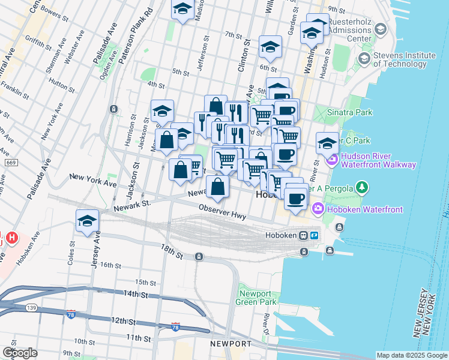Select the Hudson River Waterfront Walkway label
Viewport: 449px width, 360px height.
(x=378, y=160)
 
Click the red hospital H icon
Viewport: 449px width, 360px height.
(x=12, y=238)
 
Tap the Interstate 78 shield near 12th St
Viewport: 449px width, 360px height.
(x=175, y=327)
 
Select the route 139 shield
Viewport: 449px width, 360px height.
(x=32, y=308)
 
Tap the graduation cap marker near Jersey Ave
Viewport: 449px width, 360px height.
(x=87, y=221)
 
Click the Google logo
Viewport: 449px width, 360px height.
(x=20, y=353)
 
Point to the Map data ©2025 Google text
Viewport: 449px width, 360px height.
(x=411, y=355)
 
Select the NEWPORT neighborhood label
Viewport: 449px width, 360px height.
(x=231, y=343)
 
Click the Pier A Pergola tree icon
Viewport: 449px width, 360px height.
(x=362, y=188)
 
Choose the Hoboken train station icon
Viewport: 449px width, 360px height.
(x=304, y=235)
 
